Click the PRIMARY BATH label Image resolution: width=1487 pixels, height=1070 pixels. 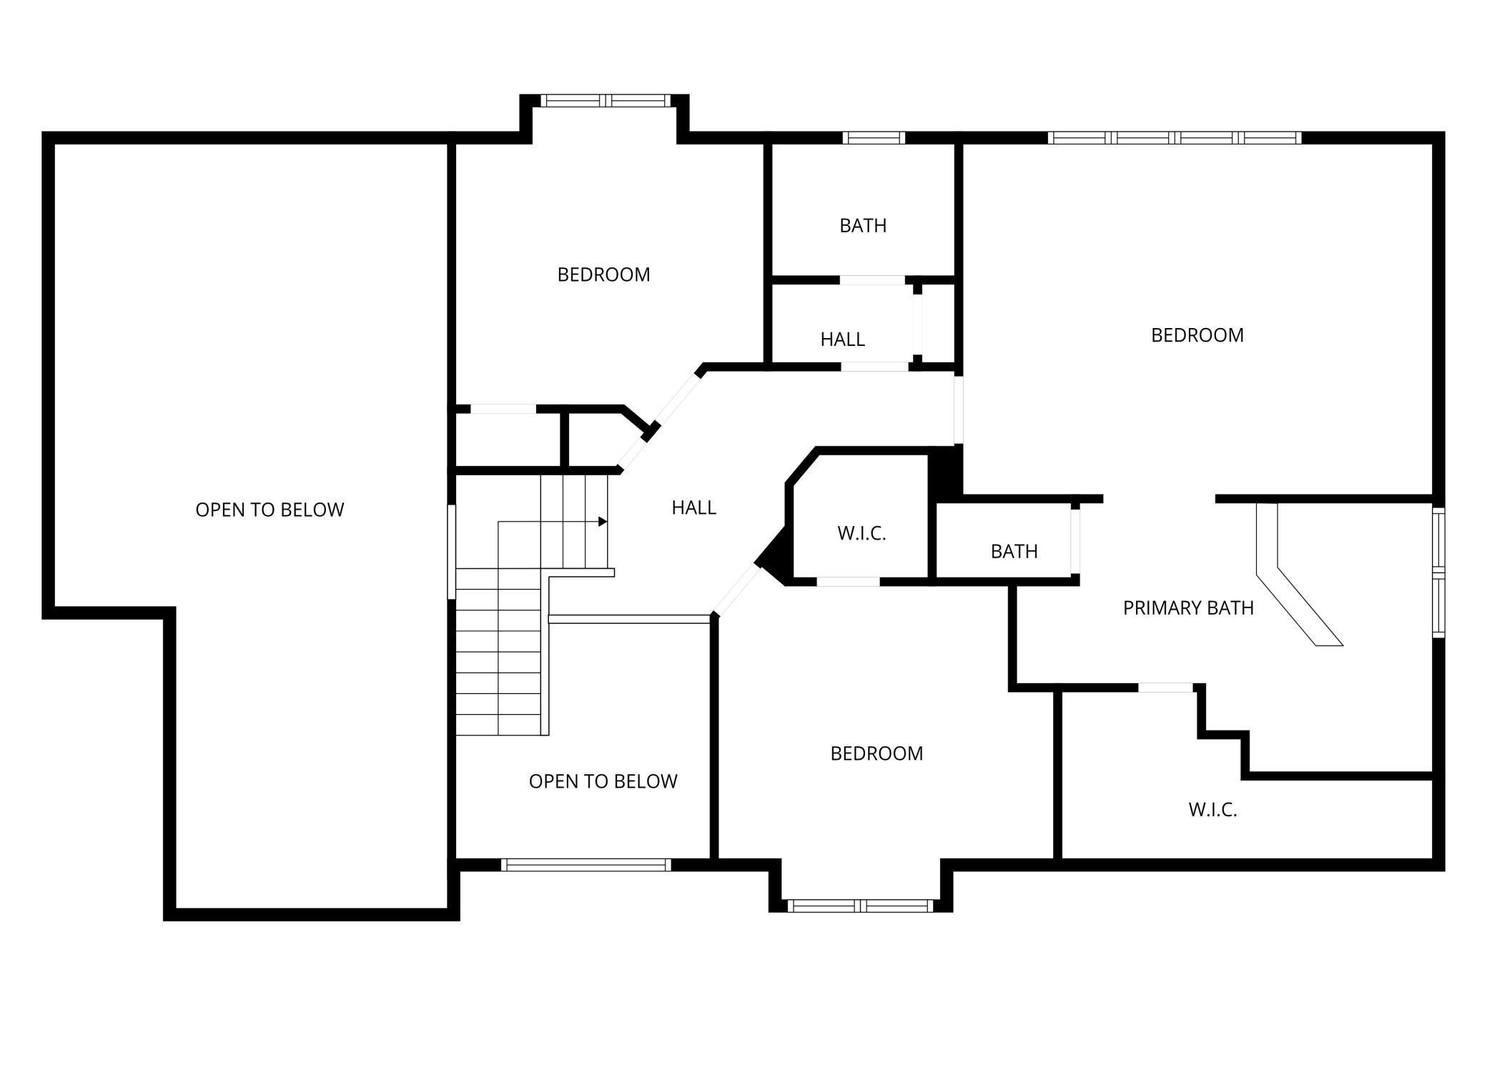click(1188, 608)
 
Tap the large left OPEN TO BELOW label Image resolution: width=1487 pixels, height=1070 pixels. click(270, 510)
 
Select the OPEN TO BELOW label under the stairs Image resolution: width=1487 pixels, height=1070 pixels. click(603, 781)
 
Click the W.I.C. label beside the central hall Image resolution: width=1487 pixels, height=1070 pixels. click(861, 533)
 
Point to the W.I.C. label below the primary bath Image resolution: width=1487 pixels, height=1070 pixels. click(1212, 810)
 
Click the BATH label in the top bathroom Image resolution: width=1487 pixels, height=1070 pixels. click(863, 226)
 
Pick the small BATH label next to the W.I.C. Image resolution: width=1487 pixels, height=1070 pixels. click(1014, 551)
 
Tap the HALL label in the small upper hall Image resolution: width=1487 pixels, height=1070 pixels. click(842, 340)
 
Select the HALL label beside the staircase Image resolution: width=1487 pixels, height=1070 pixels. click(693, 507)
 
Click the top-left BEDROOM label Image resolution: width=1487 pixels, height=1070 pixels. click(603, 274)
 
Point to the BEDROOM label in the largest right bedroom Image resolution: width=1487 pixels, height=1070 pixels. click(1197, 335)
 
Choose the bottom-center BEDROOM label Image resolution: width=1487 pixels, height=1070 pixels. click(876, 753)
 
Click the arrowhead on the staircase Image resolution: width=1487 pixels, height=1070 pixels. click(603, 522)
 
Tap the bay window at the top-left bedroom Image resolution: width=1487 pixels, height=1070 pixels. click(605, 100)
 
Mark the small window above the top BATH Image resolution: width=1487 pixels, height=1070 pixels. click(874, 138)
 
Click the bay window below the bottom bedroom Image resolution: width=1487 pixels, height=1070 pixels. click(861, 906)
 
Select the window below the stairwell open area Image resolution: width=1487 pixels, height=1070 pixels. click(586, 865)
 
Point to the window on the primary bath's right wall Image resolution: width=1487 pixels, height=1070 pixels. click(1438, 572)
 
